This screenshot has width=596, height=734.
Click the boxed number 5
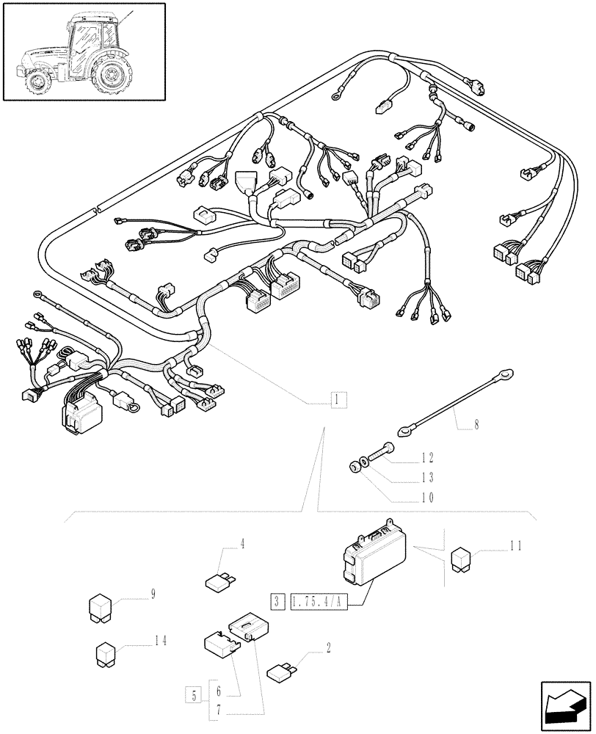[x=192, y=694]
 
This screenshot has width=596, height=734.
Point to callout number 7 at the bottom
[x=218, y=711]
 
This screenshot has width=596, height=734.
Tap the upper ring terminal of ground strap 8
[x=506, y=374]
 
